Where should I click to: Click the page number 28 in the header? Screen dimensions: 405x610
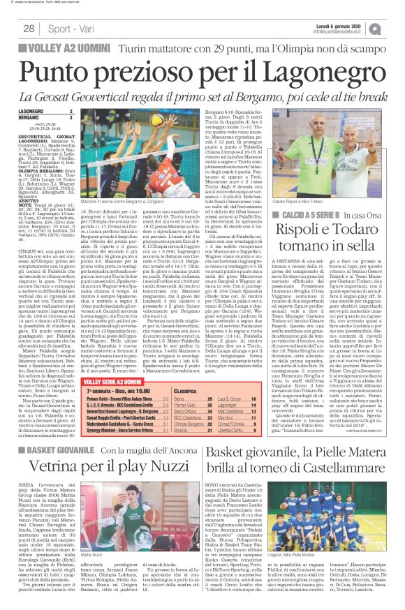click(x=29, y=29)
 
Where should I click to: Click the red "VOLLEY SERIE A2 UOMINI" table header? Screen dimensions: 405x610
click(x=113, y=381)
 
